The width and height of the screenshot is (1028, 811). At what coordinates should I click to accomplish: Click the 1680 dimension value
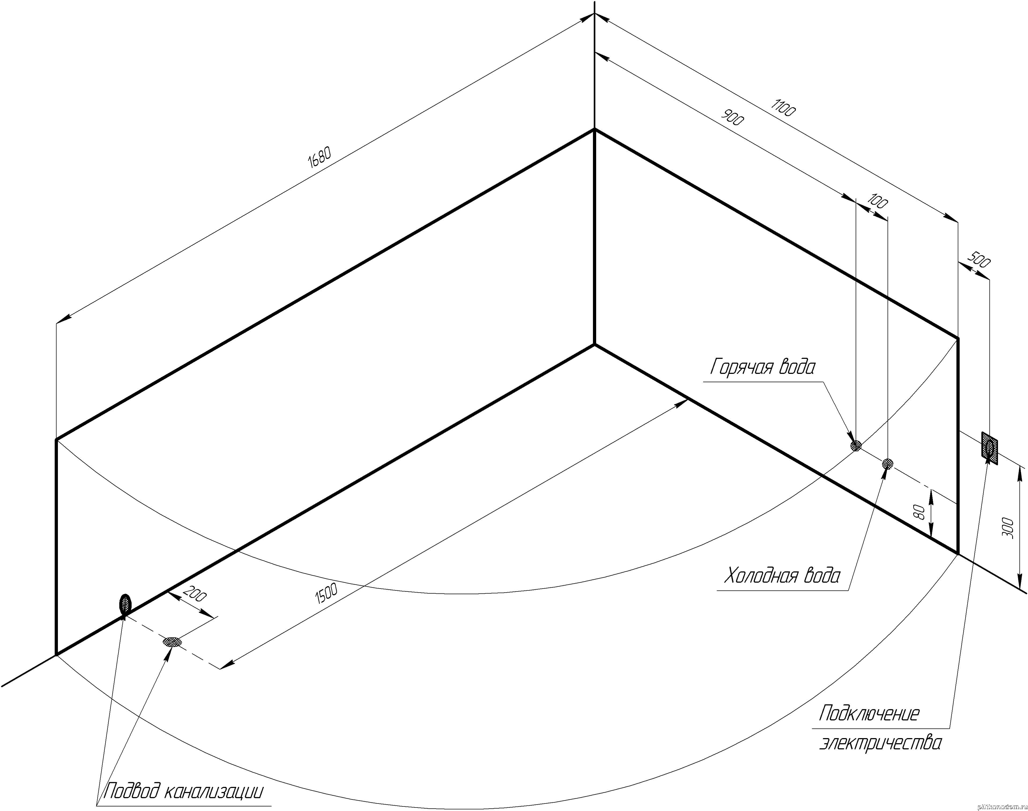point(319,157)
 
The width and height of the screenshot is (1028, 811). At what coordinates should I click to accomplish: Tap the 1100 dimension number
point(784,108)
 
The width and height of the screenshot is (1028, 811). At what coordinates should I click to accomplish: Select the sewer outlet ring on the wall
point(125,604)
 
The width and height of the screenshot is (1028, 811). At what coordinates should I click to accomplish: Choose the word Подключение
point(869,727)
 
